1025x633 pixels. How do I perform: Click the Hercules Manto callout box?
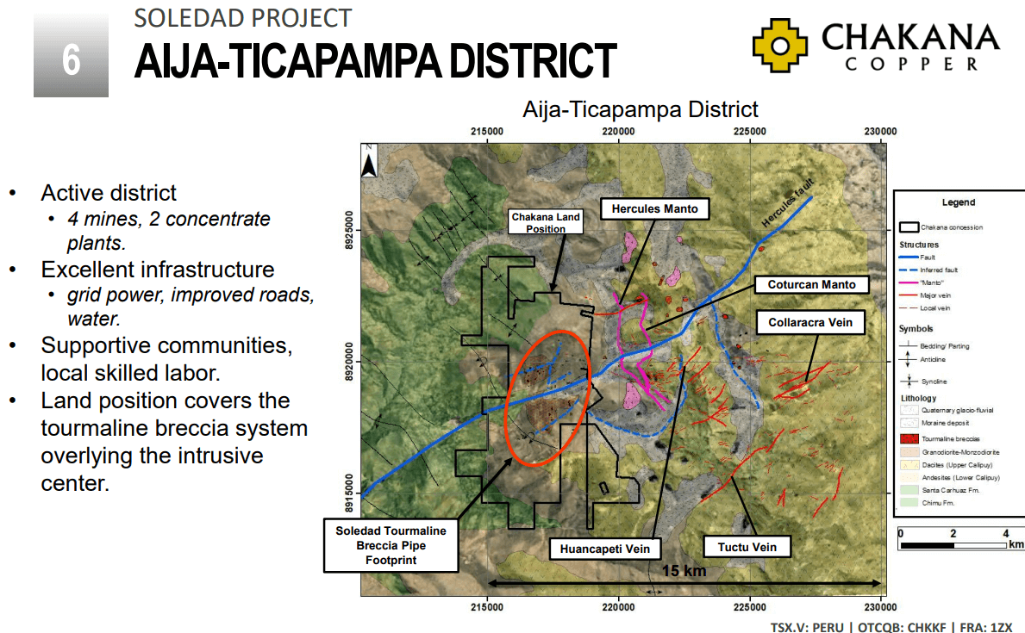point(655,209)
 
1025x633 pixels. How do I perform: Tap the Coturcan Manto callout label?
point(812,284)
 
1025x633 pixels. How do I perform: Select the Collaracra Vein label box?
point(809,323)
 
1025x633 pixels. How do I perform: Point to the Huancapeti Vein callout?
point(605,548)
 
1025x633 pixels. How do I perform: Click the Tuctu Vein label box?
point(747,547)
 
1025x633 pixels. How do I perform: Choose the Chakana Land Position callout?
point(546,223)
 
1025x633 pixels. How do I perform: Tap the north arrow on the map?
point(368,161)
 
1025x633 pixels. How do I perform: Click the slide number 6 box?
point(71,59)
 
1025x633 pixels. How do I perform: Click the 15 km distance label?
point(684,570)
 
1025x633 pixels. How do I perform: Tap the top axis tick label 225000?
point(749,131)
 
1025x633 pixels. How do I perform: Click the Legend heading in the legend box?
point(958,202)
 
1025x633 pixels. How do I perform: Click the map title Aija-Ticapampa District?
point(640,109)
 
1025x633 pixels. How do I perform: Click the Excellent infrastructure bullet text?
point(158,270)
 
